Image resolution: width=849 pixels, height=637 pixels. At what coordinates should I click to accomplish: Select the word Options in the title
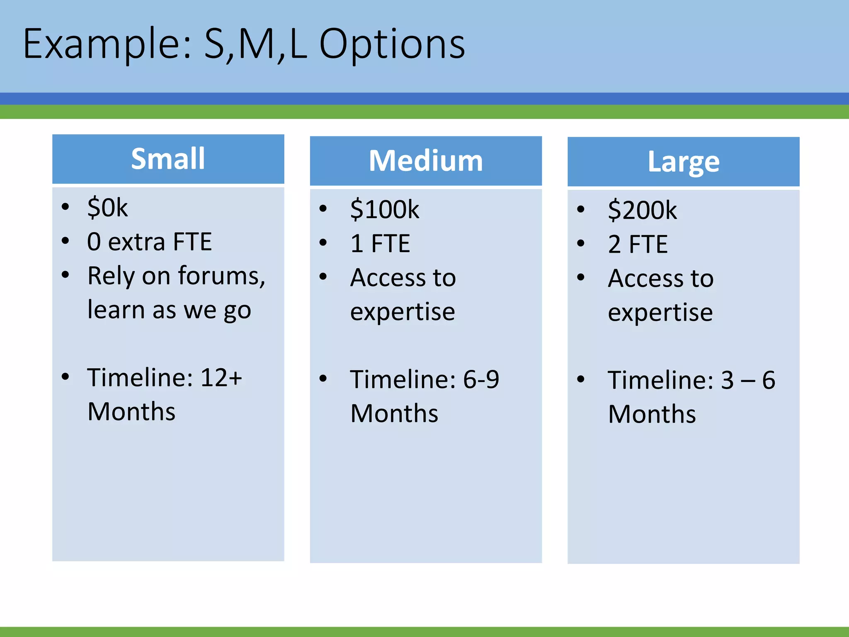(392, 44)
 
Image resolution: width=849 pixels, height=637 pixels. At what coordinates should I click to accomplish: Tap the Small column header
(168, 159)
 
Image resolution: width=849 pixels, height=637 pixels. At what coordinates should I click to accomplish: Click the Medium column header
(426, 161)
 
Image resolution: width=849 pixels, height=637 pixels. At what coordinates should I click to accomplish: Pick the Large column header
(683, 162)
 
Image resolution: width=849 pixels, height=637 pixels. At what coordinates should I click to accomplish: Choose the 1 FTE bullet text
(380, 243)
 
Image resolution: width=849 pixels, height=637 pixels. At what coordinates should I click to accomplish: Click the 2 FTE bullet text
(638, 244)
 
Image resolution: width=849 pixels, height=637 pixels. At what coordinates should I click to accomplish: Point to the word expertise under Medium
(402, 311)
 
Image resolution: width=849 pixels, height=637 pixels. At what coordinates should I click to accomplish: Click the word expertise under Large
(660, 312)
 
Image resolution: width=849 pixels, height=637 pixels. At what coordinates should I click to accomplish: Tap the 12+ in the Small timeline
(221, 377)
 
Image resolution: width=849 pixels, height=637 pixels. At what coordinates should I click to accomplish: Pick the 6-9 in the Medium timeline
(480, 379)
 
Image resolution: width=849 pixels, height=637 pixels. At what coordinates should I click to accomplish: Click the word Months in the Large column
(652, 414)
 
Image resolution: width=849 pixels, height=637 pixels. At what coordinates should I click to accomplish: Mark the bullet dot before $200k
(581, 209)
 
